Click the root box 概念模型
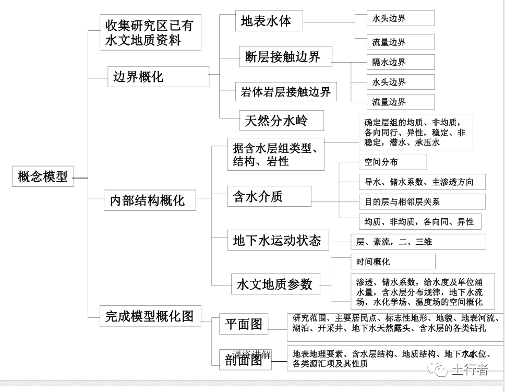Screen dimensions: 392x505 tap(43, 176)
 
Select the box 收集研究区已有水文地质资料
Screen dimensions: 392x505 tap(150, 32)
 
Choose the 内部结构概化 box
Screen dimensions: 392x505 tap(150, 200)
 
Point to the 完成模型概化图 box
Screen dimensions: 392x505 tap(150, 316)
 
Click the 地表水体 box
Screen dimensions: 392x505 tap(269, 21)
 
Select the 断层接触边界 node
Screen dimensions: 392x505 tap(285, 57)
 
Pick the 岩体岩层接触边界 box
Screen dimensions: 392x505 tap(285, 92)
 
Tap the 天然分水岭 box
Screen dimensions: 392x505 tap(281, 121)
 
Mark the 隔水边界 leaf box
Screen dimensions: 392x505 tap(400, 62)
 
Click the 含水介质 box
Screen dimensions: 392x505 tap(269, 196)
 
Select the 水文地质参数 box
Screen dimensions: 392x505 tap(275, 284)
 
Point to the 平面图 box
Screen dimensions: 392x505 tap(244, 324)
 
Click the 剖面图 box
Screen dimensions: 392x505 tap(244, 360)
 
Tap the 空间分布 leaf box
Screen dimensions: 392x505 tap(392, 162)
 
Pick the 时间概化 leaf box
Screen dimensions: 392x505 tap(392, 262)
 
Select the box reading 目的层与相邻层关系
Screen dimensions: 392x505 tap(422, 201)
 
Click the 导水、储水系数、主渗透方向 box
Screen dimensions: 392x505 tap(422, 182)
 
